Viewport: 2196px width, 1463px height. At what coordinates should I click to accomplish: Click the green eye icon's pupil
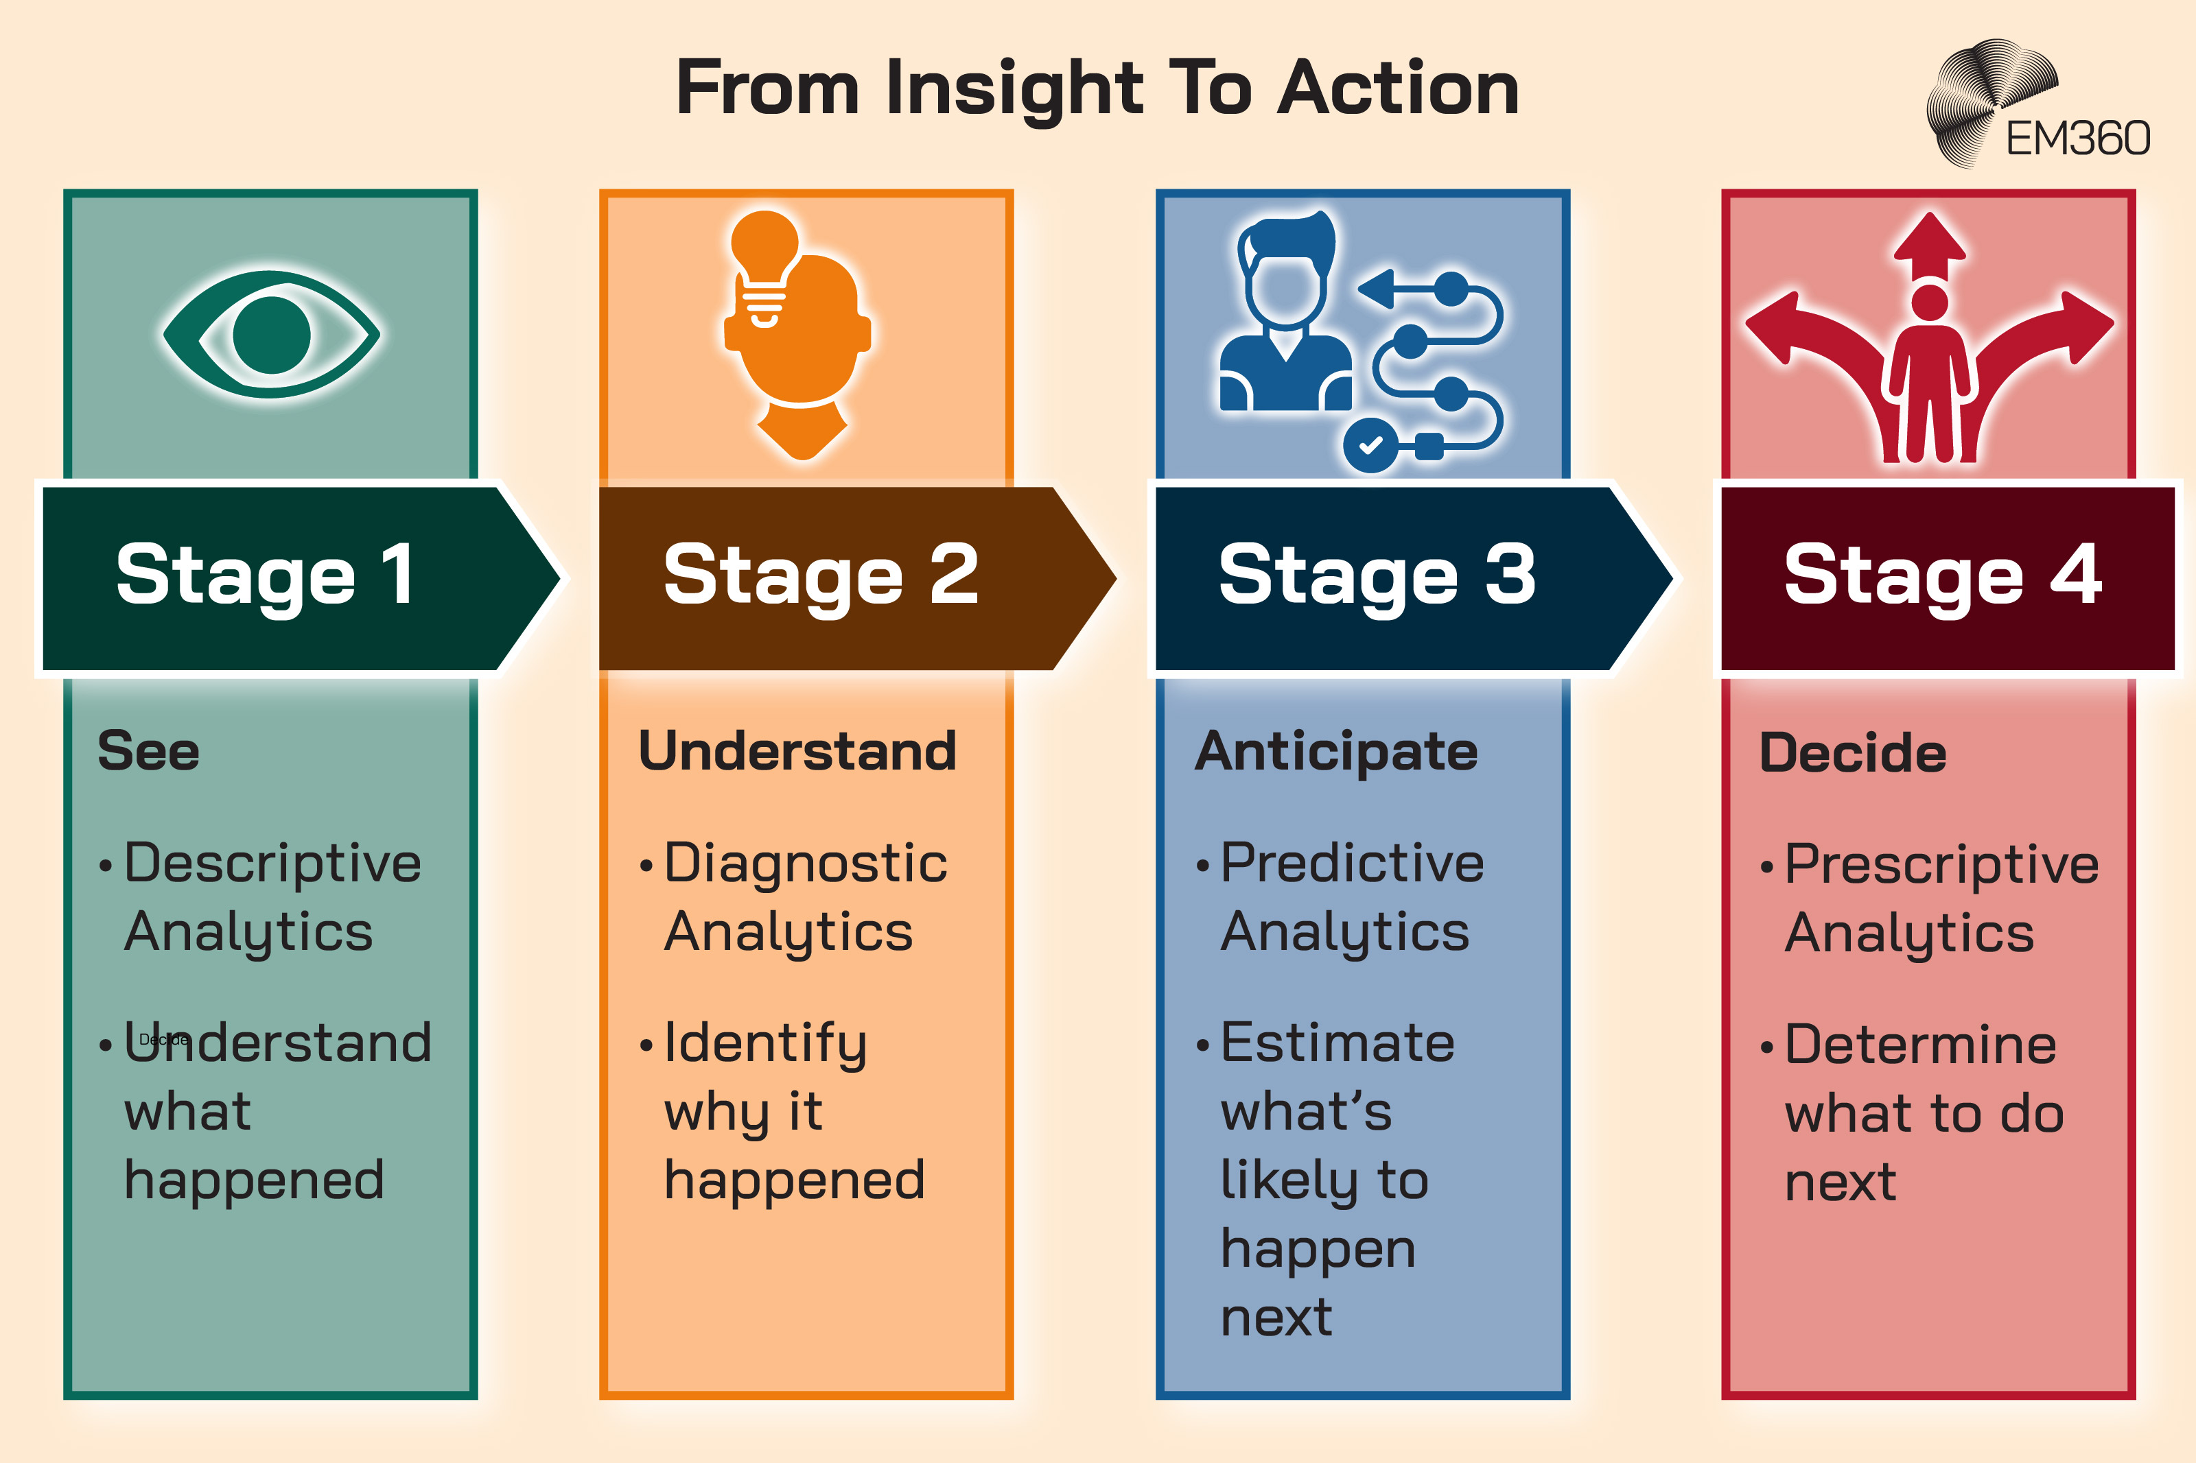[x=272, y=334]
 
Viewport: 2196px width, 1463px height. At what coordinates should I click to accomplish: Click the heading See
[x=148, y=752]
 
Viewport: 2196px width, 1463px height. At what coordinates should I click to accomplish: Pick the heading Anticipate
[x=1336, y=752]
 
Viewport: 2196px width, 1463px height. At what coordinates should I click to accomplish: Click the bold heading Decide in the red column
[x=1853, y=754]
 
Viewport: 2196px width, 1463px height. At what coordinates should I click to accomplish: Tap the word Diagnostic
[x=806, y=863]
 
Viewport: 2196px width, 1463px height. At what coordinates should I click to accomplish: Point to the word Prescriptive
[x=1941, y=865]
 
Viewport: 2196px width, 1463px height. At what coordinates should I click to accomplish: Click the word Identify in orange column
[x=765, y=1044]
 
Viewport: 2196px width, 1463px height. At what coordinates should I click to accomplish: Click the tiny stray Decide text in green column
[x=164, y=1039]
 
